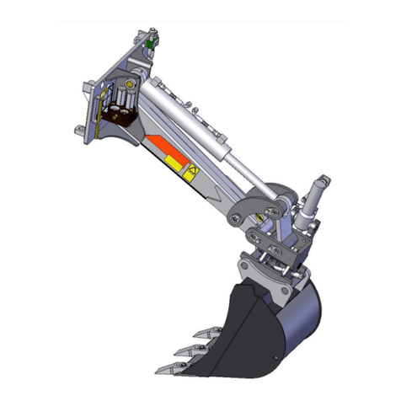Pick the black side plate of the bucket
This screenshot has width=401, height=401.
point(244,329)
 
